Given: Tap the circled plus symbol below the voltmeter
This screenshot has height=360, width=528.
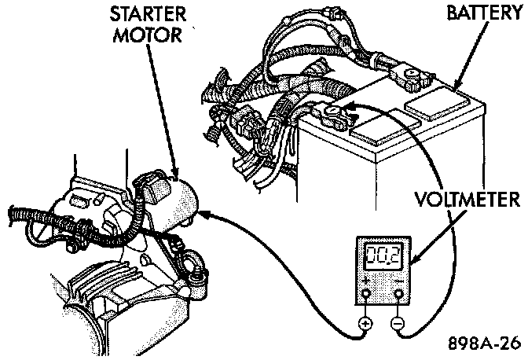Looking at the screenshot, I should pos(365,323).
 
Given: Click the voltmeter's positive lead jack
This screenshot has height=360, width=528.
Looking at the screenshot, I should pos(365,295).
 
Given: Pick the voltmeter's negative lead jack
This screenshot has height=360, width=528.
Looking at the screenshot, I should pos(400,295).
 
